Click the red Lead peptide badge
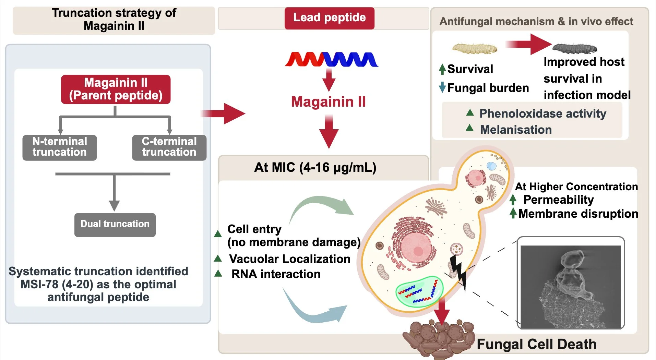pyautogui.click(x=329, y=18)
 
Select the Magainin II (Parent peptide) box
pyautogui.click(x=116, y=89)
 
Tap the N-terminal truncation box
pyautogui.click(x=60, y=147)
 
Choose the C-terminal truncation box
pyautogui.click(x=169, y=147)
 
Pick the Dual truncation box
pyautogui.click(x=115, y=225)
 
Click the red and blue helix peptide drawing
pyautogui.click(x=332, y=59)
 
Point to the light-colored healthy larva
pyautogui.click(x=475, y=48)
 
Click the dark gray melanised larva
pyautogui.click(x=574, y=49)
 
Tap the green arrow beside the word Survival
pyautogui.click(x=442, y=69)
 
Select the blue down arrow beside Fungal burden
pyautogui.click(x=442, y=87)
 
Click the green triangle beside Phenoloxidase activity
pyautogui.click(x=470, y=112)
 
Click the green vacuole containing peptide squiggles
pyautogui.click(x=419, y=291)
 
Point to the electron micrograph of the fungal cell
pyautogui.click(x=571, y=287)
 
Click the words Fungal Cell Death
pyautogui.click(x=537, y=344)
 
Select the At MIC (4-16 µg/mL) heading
pyautogui.click(x=315, y=168)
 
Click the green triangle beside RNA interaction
pyautogui.click(x=218, y=273)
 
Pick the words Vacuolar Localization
pyautogui.click(x=290, y=259)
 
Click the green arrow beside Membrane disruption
pyautogui.click(x=513, y=213)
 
